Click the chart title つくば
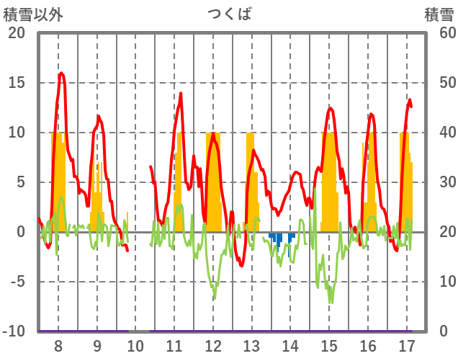tap(230, 13)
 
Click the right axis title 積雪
tap(438, 13)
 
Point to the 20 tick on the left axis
tap(17, 33)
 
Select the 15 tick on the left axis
tap(17, 83)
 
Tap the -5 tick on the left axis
tap(17, 282)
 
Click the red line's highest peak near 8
tap(61, 73)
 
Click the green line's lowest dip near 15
tap(331, 302)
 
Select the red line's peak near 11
tap(181, 93)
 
